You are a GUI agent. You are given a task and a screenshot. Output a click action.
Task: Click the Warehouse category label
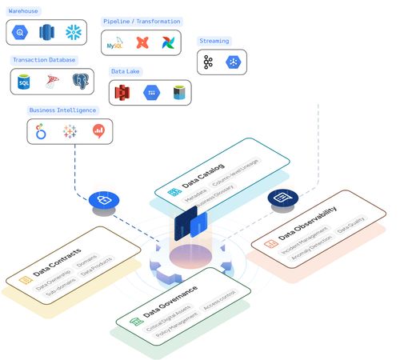click(22, 11)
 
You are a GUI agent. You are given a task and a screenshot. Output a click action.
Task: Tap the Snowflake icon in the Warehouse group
click(74, 33)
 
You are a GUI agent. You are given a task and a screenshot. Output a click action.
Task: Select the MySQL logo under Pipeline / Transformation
click(116, 43)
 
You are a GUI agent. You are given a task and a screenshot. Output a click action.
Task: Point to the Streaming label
click(214, 40)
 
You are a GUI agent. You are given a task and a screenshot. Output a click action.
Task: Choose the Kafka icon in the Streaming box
click(209, 62)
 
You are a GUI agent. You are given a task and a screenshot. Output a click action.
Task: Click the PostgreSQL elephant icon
click(80, 81)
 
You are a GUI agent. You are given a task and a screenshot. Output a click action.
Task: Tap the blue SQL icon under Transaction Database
click(25, 81)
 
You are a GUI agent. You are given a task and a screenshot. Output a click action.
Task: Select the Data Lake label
click(126, 71)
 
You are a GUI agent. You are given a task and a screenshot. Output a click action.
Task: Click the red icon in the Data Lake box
click(123, 93)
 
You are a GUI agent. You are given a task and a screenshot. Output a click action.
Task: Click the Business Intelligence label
click(62, 110)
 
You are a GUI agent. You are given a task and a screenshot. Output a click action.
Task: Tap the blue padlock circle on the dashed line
click(103, 199)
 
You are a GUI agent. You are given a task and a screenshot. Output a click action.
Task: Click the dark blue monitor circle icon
click(281, 198)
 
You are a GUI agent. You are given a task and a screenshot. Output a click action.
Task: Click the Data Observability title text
click(307, 225)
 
